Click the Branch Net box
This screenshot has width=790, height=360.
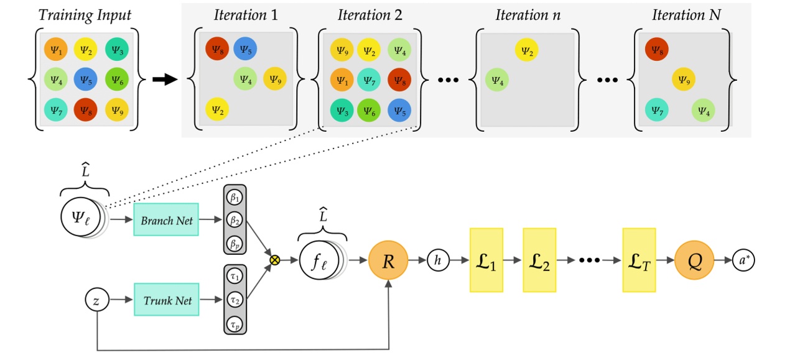[x=166, y=219]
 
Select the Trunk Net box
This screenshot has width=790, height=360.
[x=166, y=300]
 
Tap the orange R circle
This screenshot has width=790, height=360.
[x=388, y=261]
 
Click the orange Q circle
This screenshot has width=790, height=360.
[x=692, y=261]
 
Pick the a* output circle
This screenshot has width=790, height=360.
[x=743, y=261]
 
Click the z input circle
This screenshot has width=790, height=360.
[x=96, y=300]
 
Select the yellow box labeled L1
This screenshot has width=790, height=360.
[x=486, y=261]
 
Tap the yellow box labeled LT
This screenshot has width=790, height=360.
[x=638, y=261]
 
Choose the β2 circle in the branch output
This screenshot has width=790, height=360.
[x=235, y=219]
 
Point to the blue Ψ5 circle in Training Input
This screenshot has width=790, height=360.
[x=85, y=80]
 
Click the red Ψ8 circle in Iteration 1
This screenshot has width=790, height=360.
[x=216, y=48]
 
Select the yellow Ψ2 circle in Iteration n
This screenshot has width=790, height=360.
[x=526, y=50]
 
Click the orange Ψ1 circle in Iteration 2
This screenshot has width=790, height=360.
[x=341, y=80]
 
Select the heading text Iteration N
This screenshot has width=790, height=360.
[x=685, y=14]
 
